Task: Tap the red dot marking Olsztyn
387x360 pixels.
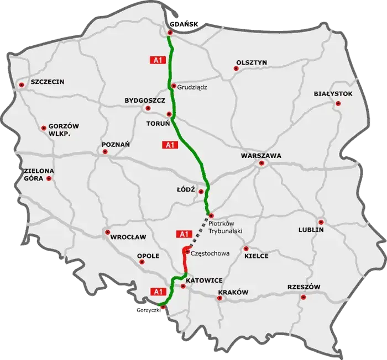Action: pyautogui.click(x=236, y=69)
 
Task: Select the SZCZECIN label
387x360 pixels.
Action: pyautogui.click(x=48, y=82)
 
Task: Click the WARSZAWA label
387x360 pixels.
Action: pyautogui.click(x=261, y=156)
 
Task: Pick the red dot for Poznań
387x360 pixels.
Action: pyautogui.click(x=104, y=152)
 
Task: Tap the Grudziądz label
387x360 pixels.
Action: pyautogui.click(x=192, y=86)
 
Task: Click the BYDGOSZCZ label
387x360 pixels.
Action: pyautogui.click(x=145, y=101)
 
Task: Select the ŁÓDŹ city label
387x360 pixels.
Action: pyautogui.click(x=186, y=189)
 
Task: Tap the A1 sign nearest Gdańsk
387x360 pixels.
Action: pyautogui.click(x=158, y=59)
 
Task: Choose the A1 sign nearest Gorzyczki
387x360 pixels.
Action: pyautogui.click(x=159, y=290)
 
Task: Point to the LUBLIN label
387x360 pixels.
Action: pyautogui.click(x=311, y=229)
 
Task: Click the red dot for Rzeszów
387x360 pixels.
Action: pyautogui.click(x=303, y=297)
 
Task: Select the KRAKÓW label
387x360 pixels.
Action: pyautogui.click(x=233, y=292)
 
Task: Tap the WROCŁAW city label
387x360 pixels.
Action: pyautogui.click(x=128, y=237)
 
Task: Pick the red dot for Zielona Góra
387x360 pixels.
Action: pyautogui.click(x=50, y=179)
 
